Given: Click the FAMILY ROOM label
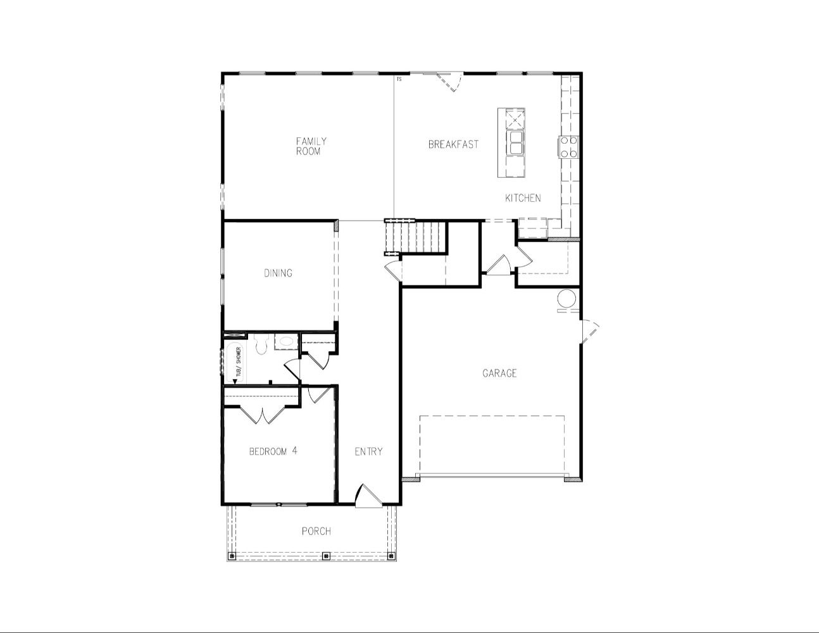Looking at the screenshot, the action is (x=311, y=146).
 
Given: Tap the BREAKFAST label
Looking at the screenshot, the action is (x=453, y=144).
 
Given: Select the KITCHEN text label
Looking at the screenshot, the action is (x=523, y=197).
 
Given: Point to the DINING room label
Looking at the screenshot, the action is (x=278, y=273).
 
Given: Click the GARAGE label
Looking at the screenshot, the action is (x=499, y=373).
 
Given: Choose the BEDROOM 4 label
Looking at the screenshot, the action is (x=273, y=451).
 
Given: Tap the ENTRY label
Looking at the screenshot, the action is (x=368, y=451).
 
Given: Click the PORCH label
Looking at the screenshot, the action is (x=316, y=531).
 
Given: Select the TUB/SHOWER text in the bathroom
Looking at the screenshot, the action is (x=238, y=361).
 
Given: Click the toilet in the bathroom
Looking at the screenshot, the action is (x=260, y=344).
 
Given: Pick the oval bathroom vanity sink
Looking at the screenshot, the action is (x=285, y=342).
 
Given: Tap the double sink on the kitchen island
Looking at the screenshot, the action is (x=515, y=142).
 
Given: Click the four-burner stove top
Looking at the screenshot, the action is (x=568, y=147).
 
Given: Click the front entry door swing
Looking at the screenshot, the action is (x=368, y=496).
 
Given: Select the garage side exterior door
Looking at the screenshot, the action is (x=590, y=332).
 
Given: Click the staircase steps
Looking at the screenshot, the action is (x=415, y=237).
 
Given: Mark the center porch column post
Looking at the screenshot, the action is (x=327, y=555).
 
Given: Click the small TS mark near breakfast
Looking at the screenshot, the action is (x=399, y=79).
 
